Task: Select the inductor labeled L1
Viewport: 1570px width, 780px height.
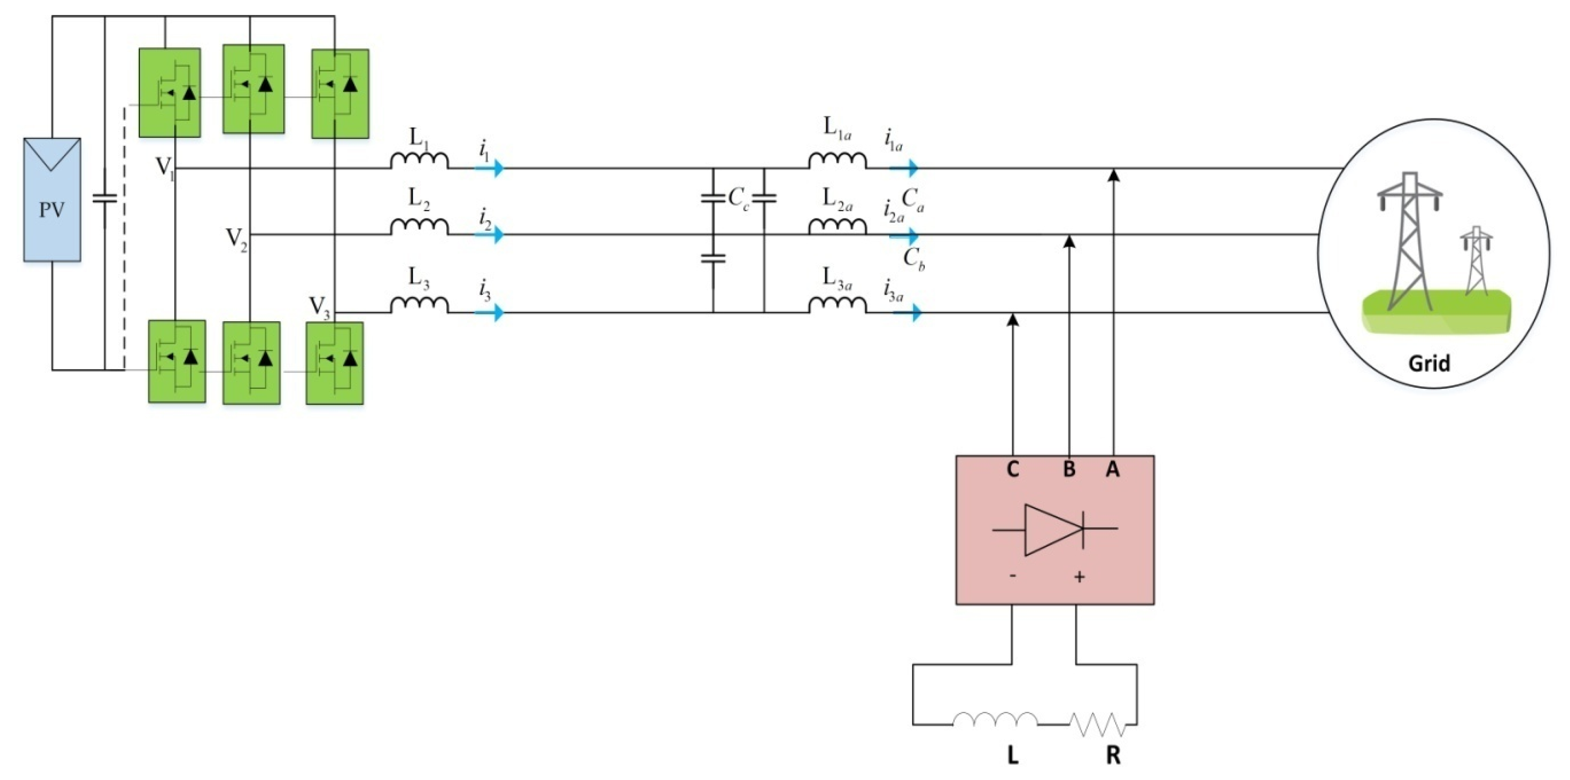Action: click(x=419, y=160)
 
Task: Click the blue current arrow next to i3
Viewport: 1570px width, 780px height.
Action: click(x=490, y=313)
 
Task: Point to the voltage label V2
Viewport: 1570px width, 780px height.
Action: click(x=237, y=238)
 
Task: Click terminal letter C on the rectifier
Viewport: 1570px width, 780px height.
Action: click(x=1012, y=469)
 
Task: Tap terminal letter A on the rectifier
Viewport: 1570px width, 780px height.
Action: click(x=1112, y=469)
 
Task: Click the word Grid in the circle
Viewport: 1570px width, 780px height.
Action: click(x=1429, y=363)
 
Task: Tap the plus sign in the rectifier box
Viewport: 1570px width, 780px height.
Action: click(x=1079, y=576)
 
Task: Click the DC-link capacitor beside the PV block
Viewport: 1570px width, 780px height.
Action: click(x=104, y=198)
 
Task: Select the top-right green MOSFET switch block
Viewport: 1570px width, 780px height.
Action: click(x=340, y=94)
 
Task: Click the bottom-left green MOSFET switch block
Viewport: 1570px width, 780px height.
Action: click(x=177, y=361)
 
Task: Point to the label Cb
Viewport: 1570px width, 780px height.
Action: click(x=913, y=259)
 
